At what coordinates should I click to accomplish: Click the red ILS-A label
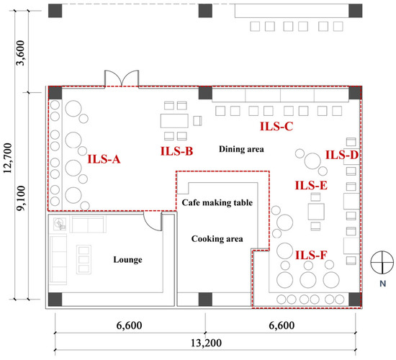coord(104,159)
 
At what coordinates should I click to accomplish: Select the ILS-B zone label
coord(177,151)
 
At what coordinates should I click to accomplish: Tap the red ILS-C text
coord(276,126)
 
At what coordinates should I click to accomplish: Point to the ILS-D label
coord(342,155)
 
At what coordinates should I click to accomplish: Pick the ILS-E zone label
coord(311,186)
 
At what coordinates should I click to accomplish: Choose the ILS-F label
coord(311,255)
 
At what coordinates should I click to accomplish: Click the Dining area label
coord(241,149)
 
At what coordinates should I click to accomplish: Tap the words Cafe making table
coord(217,202)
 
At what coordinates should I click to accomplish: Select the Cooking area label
coord(217,239)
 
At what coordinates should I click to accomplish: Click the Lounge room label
coord(127,260)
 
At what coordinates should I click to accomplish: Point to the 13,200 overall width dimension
coord(206,343)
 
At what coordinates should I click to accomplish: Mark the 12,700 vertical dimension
coord(8,158)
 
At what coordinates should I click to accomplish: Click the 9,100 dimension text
coord(21,198)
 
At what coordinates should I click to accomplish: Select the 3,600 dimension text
coord(21,53)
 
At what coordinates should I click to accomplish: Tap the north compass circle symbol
coord(382,263)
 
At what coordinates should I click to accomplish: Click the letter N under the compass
coord(383,284)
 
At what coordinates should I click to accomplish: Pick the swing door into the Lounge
coord(153,222)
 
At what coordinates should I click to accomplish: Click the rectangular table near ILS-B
coord(174,121)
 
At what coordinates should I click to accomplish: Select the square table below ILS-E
coord(316,212)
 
